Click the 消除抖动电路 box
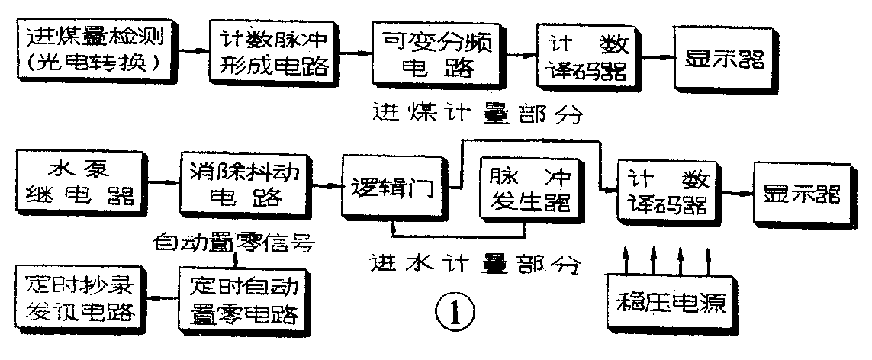click(x=246, y=185)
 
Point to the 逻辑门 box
click(x=393, y=186)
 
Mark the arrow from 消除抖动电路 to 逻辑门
click(x=324, y=185)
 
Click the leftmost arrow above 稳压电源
click(x=626, y=258)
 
